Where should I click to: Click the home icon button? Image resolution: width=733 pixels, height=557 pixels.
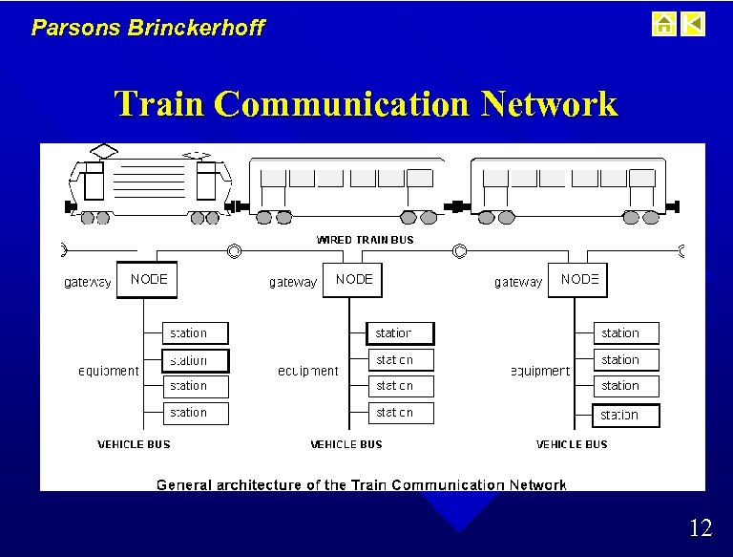click(x=664, y=24)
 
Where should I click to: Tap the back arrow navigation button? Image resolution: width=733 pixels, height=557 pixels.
click(x=694, y=24)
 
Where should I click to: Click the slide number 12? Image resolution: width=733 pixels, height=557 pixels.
click(x=700, y=527)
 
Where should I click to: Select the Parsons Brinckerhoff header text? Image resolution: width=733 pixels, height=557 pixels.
click(x=148, y=28)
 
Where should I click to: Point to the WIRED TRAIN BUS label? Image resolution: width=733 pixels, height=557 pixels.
click(x=365, y=240)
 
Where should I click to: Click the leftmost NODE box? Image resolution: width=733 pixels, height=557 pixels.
click(x=147, y=280)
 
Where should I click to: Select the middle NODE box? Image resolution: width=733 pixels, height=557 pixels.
click(x=352, y=280)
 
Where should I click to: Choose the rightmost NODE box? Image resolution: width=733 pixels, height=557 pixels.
click(x=577, y=280)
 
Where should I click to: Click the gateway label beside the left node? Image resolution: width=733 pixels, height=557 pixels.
click(x=88, y=282)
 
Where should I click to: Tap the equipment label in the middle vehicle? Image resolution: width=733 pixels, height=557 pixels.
click(x=307, y=371)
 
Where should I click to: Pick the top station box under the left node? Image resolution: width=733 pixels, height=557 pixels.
click(x=197, y=333)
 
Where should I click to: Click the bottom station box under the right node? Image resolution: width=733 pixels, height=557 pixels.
click(x=627, y=416)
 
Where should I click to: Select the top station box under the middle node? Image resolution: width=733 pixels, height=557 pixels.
click(x=400, y=333)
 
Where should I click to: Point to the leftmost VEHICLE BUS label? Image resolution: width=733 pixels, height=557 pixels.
click(x=134, y=444)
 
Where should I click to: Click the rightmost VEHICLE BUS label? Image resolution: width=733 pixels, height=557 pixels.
click(x=572, y=444)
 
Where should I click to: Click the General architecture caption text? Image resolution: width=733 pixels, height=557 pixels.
click(x=361, y=485)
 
